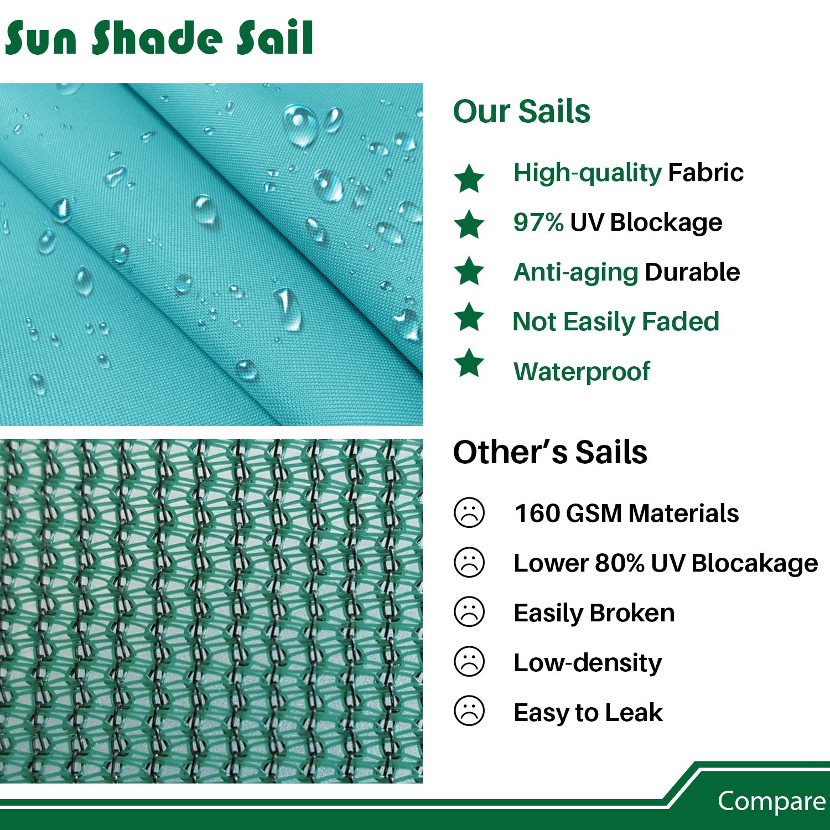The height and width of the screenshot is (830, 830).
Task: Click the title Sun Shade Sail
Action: pyautogui.click(x=159, y=37)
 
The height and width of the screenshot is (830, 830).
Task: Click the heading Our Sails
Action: pyautogui.click(x=522, y=111)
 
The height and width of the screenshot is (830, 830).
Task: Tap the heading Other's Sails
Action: pyautogui.click(x=550, y=452)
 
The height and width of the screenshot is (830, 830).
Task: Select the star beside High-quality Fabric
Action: pyautogui.click(x=469, y=178)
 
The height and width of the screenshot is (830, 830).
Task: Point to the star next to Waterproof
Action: pyautogui.click(x=469, y=362)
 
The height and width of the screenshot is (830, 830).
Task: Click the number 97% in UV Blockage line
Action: pyautogui.click(x=538, y=222)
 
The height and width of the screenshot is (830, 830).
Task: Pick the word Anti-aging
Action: pyautogui.click(x=576, y=273)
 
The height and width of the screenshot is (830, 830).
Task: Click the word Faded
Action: pyautogui.click(x=681, y=321)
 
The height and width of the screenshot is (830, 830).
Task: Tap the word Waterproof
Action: pyautogui.click(x=582, y=372)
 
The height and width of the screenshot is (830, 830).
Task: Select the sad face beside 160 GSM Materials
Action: pyautogui.click(x=469, y=512)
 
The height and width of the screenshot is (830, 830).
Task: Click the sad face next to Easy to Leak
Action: pyautogui.click(x=469, y=710)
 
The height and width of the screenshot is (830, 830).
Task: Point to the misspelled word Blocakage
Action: pyautogui.click(x=755, y=563)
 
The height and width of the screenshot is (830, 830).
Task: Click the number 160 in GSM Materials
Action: pyautogui.click(x=537, y=513)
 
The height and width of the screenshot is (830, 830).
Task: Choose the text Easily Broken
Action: pyautogui.click(x=594, y=613)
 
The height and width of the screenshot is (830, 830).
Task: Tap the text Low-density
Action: pyautogui.click(x=588, y=663)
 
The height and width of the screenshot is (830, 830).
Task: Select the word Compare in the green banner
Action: pyautogui.click(x=772, y=801)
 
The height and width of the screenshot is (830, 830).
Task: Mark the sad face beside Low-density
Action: pyautogui.click(x=469, y=661)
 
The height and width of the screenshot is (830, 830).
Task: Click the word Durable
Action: pyautogui.click(x=692, y=272)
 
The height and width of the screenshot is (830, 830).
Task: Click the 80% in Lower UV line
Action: pyautogui.click(x=620, y=563)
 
